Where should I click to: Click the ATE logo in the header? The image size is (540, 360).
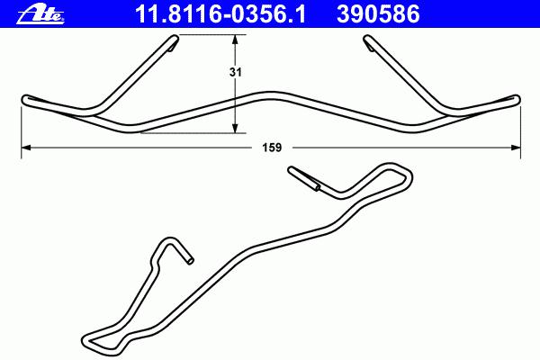click(40, 14)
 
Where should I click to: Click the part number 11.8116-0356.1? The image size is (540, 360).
click(220, 14)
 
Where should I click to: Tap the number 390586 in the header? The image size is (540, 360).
click(378, 14)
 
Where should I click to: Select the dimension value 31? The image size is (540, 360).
click(236, 72)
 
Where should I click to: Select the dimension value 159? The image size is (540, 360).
click(272, 148)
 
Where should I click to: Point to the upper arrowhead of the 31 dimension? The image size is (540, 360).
click(235, 40)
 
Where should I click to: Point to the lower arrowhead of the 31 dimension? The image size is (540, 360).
click(235, 128)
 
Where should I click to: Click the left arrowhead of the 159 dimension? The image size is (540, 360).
click(26, 148)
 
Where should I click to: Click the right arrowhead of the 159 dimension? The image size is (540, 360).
click(516, 148)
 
